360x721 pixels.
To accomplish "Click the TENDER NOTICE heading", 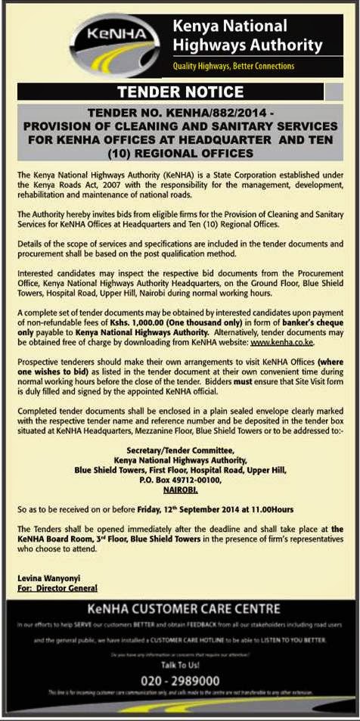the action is (178, 93).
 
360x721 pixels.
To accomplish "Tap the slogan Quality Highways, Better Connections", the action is (234, 67).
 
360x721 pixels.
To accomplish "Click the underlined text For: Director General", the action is (57, 588).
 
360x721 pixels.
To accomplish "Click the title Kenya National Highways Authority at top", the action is (247, 37).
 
